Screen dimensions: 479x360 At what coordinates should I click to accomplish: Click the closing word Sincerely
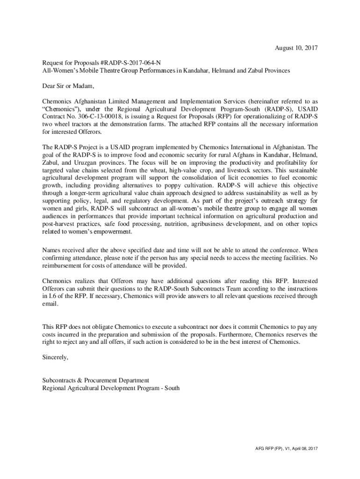[x=55, y=357]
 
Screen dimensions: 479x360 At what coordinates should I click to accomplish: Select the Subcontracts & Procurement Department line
[x=95, y=380]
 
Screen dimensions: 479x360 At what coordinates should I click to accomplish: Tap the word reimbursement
[x=63, y=266]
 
